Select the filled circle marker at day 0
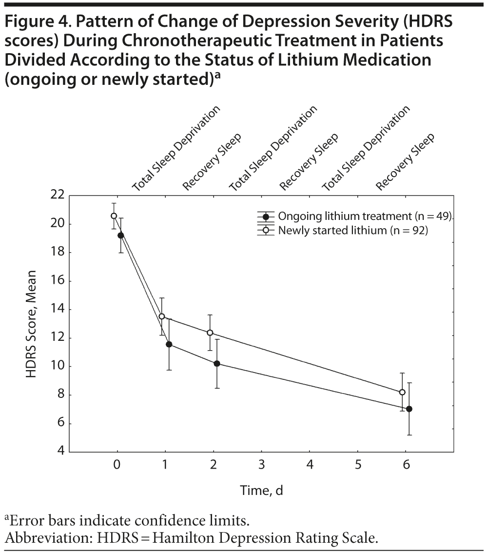[x=120, y=235]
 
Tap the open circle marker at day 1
[x=162, y=316]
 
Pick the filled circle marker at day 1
[x=169, y=344]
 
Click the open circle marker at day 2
[x=210, y=333]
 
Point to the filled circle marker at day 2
[x=217, y=363]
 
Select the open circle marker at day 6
[x=402, y=392]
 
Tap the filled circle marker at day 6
[x=409, y=409]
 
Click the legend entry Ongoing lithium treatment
[x=365, y=217]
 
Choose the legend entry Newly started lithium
[x=352, y=230]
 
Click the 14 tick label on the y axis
[x=58, y=310]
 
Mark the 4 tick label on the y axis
[x=60, y=452]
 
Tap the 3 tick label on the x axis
[x=261, y=464]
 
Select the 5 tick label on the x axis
[x=358, y=464]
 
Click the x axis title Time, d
[x=261, y=491]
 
